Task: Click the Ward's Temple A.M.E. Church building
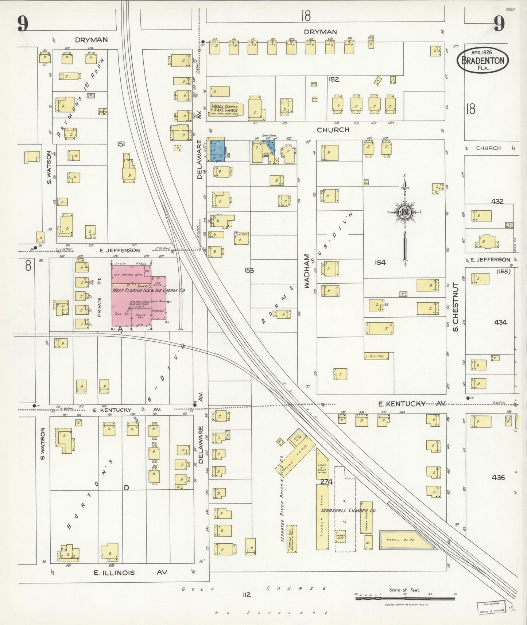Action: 223,108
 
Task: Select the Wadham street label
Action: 307,272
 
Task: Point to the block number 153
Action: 249,270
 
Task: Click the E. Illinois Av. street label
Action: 130,572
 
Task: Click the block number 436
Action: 498,477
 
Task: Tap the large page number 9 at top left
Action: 23,24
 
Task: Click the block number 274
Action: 326,482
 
